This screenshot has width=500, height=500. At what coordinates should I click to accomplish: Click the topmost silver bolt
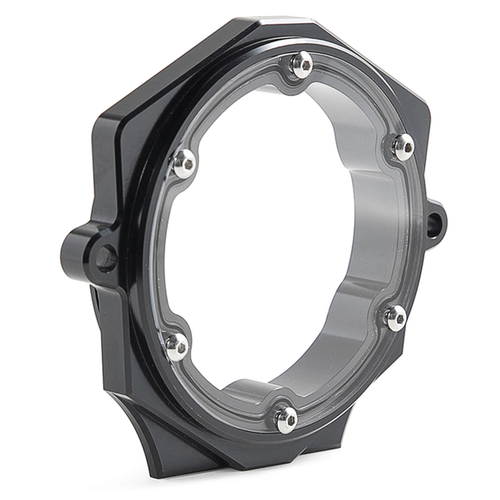coord(302,65)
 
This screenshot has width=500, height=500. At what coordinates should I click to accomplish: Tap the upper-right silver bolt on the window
coord(402,146)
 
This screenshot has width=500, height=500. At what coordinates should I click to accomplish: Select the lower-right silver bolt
coord(395,316)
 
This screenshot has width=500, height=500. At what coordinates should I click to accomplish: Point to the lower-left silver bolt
coord(177,345)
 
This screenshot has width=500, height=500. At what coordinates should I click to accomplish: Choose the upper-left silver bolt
coord(184,162)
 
